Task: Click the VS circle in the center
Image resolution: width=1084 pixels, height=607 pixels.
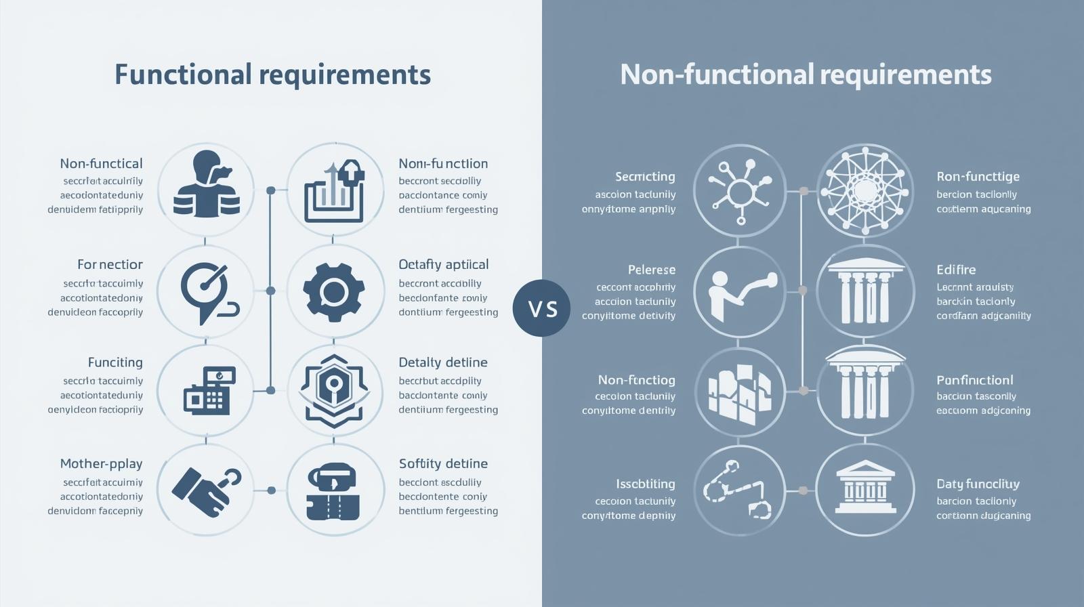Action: click(541, 308)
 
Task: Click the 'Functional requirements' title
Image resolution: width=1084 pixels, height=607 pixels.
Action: click(272, 75)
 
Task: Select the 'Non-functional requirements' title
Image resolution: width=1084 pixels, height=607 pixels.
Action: click(806, 75)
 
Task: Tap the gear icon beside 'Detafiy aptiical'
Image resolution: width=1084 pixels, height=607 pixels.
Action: click(335, 291)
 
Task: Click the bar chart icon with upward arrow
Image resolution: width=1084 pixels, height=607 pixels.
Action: click(335, 190)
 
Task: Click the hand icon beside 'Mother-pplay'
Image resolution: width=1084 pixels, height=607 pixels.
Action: click(206, 490)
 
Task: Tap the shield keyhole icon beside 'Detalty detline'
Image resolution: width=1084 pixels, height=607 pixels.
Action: click(335, 391)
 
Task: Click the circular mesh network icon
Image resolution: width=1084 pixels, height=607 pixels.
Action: click(864, 190)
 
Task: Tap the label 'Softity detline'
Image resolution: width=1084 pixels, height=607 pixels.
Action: click(443, 464)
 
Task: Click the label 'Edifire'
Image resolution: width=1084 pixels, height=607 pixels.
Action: click(956, 270)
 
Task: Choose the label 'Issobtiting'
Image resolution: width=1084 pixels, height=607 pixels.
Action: click(645, 484)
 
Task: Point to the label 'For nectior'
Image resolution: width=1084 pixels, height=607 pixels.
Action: click(110, 264)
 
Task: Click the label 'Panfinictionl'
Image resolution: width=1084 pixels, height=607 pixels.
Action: click(974, 380)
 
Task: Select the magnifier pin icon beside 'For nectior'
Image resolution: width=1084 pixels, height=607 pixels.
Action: click(206, 291)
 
